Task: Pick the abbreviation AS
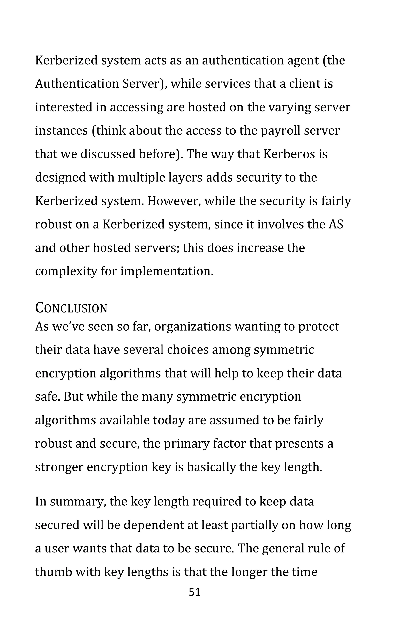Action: (x=336, y=224)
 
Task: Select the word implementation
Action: (x=167, y=271)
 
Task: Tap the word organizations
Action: (x=193, y=327)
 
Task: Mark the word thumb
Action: (x=54, y=572)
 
